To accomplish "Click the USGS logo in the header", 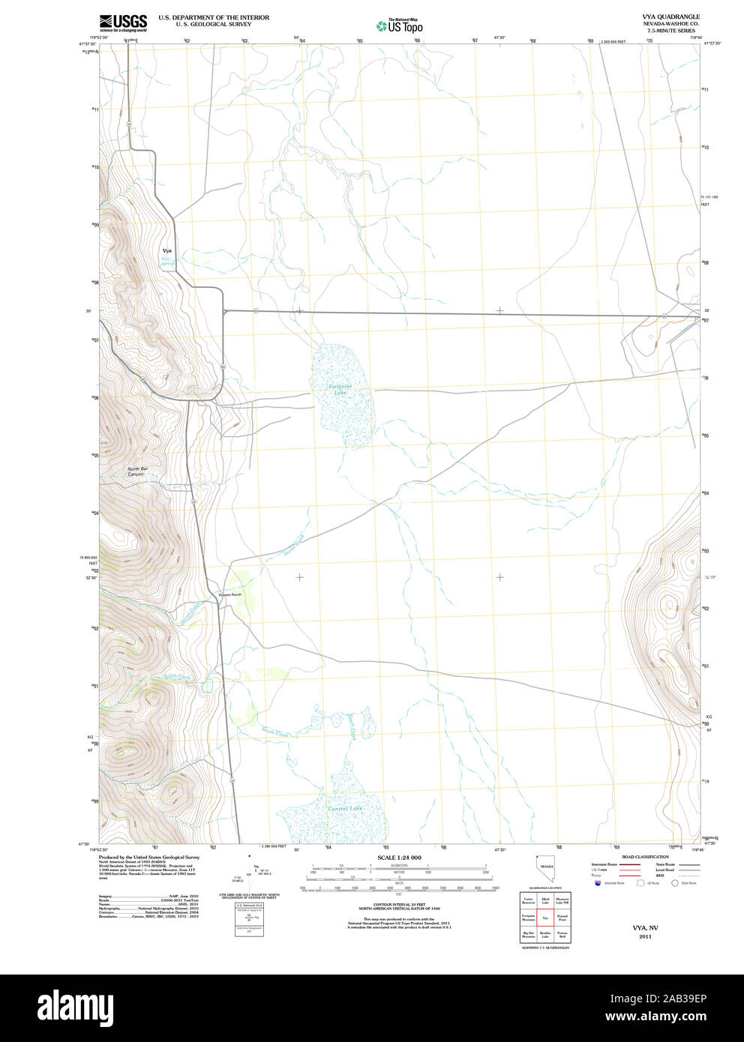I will click(123, 23).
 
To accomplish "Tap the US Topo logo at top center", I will click(400, 26).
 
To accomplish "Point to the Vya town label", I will click(166, 250).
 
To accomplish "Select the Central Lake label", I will click(345, 809).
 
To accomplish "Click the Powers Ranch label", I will click(230, 594).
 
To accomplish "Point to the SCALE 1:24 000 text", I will click(399, 858).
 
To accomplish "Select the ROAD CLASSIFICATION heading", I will click(645, 857).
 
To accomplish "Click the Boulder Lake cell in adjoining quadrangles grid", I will click(545, 934).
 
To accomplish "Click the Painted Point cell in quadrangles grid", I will click(562, 917).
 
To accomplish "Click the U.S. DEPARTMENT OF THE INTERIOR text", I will click(214, 16).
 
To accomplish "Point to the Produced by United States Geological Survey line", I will click(149, 857).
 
